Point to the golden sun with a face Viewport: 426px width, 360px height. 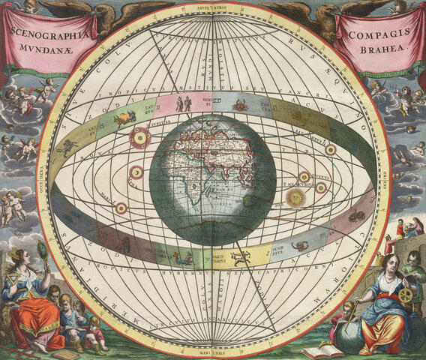point(296,198)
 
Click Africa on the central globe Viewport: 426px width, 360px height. point(190,187)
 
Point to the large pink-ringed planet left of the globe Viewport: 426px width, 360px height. point(139,138)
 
